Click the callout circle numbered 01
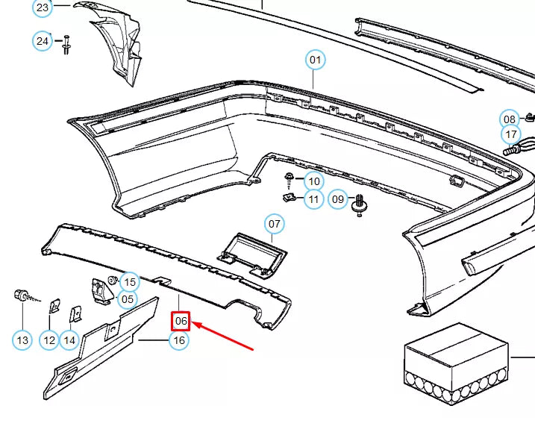pos(315,60)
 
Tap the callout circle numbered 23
pos(43,7)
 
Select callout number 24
pos(43,41)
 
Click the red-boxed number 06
pos(181,321)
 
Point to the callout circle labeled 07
pos(275,224)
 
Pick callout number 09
pos(338,198)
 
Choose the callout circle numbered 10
pos(314,181)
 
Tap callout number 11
pos(313,199)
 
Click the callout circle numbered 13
pos(22,340)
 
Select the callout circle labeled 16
pos(179,340)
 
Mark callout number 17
pos(511,134)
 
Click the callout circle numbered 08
pos(510,119)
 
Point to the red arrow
pos(223,336)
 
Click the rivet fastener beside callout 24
pos(66,44)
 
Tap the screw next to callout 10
pos(289,180)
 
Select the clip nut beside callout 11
pos(289,197)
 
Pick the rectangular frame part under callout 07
pos(252,254)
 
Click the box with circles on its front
pos(456,363)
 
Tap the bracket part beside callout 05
pos(101,291)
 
